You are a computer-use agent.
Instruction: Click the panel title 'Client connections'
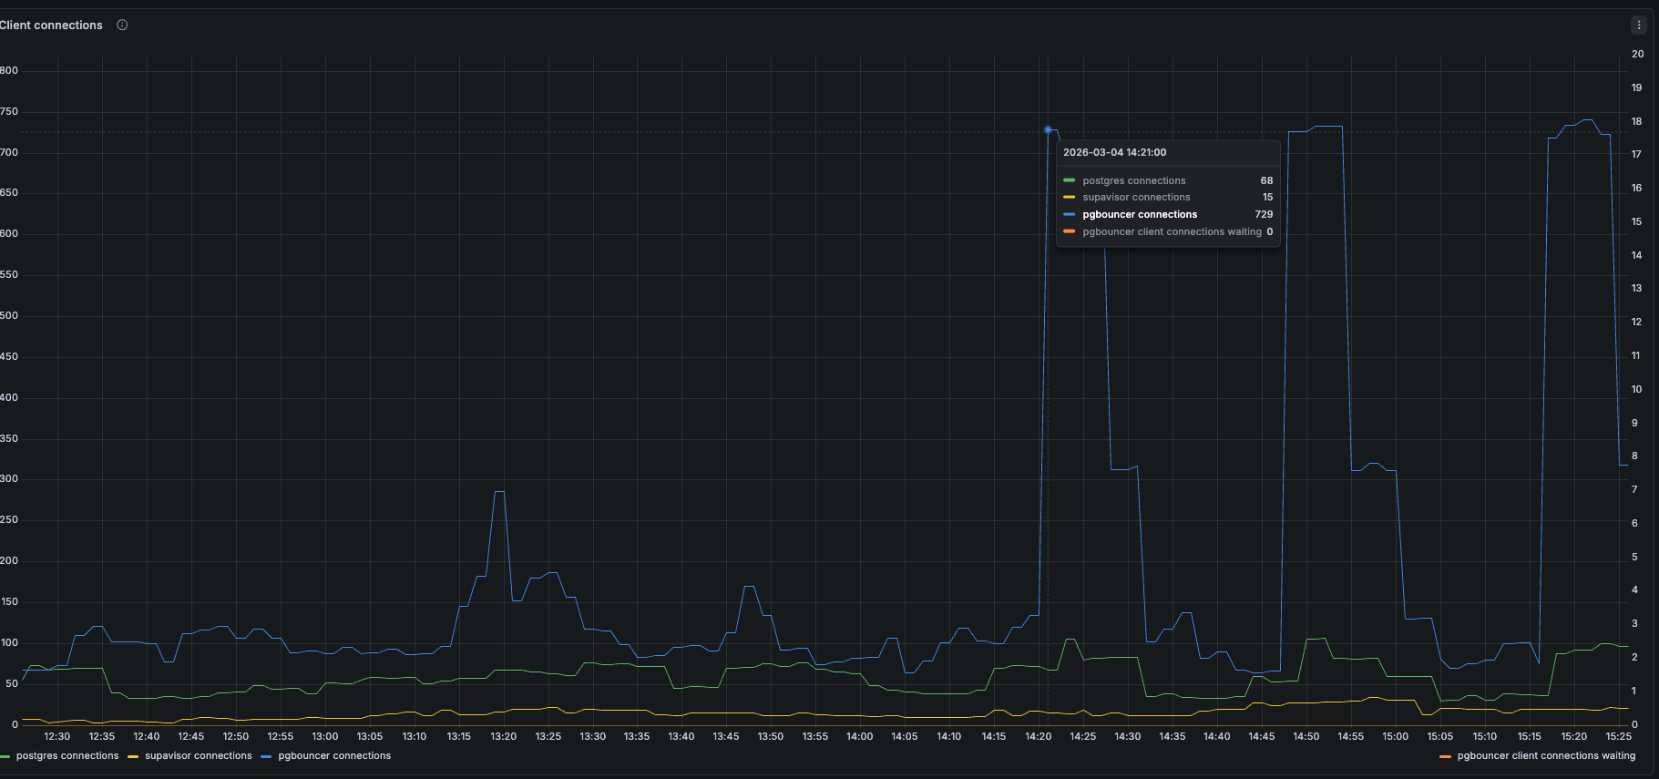pyautogui.click(x=51, y=26)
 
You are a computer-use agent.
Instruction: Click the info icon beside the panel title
pyautogui.click(x=122, y=26)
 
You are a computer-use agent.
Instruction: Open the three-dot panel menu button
pyautogui.click(x=1639, y=26)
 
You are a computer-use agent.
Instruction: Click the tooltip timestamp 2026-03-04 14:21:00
pyautogui.click(x=1114, y=153)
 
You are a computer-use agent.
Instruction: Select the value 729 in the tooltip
pyautogui.click(x=1264, y=215)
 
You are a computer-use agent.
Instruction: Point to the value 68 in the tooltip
pyautogui.click(x=1266, y=181)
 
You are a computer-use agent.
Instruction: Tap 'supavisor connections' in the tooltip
pyautogui.click(x=1136, y=198)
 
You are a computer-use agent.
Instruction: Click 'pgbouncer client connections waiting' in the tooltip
pyautogui.click(x=1172, y=232)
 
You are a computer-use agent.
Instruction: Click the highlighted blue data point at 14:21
pyautogui.click(x=1048, y=130)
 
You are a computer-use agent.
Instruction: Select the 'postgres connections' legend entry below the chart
pyautogui.click(x=67, y=756)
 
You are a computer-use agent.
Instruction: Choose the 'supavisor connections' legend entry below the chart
pyautogui.click(x=198, y=756)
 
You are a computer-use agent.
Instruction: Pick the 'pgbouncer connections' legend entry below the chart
pyautogui.click(x=333, y=756)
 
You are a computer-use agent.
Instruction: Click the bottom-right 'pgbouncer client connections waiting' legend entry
pyautogui.click(x=1545, y=756)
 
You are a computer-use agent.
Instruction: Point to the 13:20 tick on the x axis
pyautogui.click(x=503, y=737)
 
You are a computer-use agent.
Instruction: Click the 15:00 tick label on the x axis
pyautogui.click(x=1395, y=737)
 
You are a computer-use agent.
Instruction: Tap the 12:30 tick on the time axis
pyautogui.click(x=56, y=737)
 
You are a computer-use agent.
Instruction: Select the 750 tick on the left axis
pyautogui.click(x=9, y=112)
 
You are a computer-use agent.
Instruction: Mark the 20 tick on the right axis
pyautogui.click(x=1637, y=55)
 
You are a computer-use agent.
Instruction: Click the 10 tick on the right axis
pyautogui.click(x=1636, y=390)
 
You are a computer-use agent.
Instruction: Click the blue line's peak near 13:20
pyautogui.click(x=499, y=492)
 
